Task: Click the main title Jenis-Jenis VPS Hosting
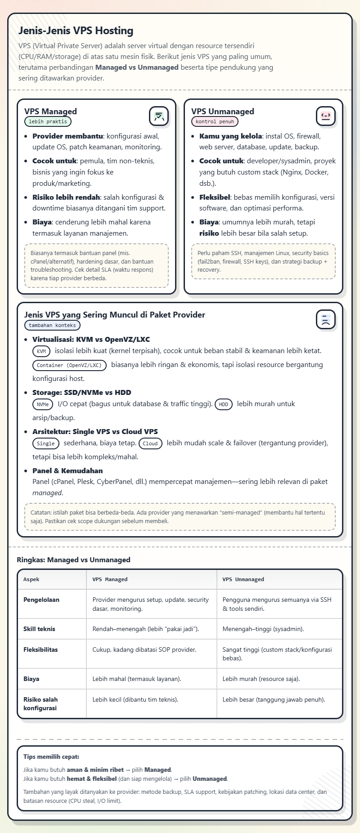pos(76,31)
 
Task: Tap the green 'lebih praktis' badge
pos(48,121)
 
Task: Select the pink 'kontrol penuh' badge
pos(215,121)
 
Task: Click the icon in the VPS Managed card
pos(159,116)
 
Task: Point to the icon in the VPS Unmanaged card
pos(326,116)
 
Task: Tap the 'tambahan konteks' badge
pos(52,325)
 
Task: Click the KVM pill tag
pos(41,351)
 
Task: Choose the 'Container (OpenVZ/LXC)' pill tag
pos(69,365)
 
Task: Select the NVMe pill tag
pos(43,404)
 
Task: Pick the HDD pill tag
pos(224,404)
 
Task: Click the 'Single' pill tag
pos(46,443)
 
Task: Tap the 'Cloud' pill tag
pos(150,443)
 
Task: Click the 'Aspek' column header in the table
pos(31,579)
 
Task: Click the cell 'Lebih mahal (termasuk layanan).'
pos(137,679)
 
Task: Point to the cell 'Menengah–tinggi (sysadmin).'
pos(263,629)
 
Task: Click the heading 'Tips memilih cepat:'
pos(51,757)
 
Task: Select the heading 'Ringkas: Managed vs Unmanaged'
pos(73,560)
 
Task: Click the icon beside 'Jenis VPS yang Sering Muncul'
pos(326,319)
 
